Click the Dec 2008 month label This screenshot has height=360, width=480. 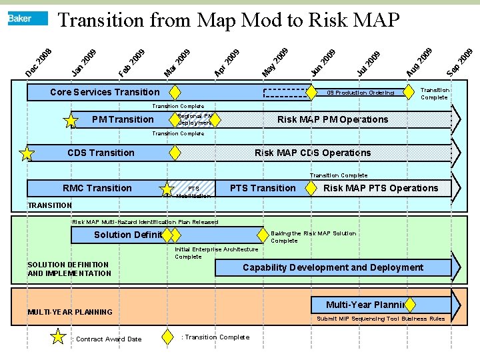[x=38, y=61]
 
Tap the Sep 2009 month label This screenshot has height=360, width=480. [x=460, y=61]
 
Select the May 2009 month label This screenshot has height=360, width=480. [x=275, y=61]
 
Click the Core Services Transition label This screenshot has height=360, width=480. [x=105, y=92]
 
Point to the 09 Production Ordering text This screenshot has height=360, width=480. [x=360, y=93]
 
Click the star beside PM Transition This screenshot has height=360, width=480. [x=70, y=120]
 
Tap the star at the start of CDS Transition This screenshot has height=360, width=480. [x=27, y=154]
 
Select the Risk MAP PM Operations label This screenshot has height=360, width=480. [x=332, y=119]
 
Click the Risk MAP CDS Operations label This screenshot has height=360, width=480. [x=313, y=153]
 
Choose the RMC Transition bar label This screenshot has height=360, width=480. [x=97, y=188]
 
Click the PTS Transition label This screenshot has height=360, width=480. [x=262, y=188]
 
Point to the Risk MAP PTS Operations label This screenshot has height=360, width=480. [x=381, y=188]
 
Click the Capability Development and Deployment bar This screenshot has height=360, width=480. [x=333, y=267]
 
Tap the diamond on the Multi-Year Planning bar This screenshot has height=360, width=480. [x=410, y=305]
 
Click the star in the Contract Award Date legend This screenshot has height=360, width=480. [x=59, y=337]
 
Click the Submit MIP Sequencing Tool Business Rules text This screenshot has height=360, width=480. [x=381, y=319]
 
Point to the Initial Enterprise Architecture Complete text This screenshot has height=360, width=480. [x=216, y=253]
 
